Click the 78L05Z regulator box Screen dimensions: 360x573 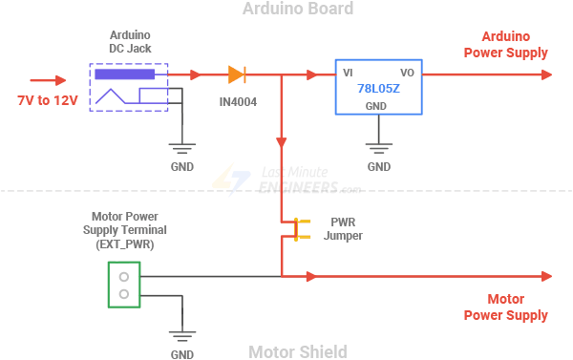(x=378, y=88)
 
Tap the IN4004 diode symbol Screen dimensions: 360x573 (x=237, y=74)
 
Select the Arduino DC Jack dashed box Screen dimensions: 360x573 (x=129, y=87)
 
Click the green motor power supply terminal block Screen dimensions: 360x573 (x=122, y=285)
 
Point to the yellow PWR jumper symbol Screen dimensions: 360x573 (x=296, y=229)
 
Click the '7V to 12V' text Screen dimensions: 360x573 (x=47, y=100)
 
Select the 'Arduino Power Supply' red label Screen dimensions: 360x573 (x=505, y=45)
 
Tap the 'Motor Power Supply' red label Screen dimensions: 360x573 (x=505, y=307)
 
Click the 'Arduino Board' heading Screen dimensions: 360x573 (x=285, y=10)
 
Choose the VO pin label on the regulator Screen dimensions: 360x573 (x=407, y=73)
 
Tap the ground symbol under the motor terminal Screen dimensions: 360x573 (x=181, y=335)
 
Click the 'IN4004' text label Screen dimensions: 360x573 (x=237, y=100)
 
